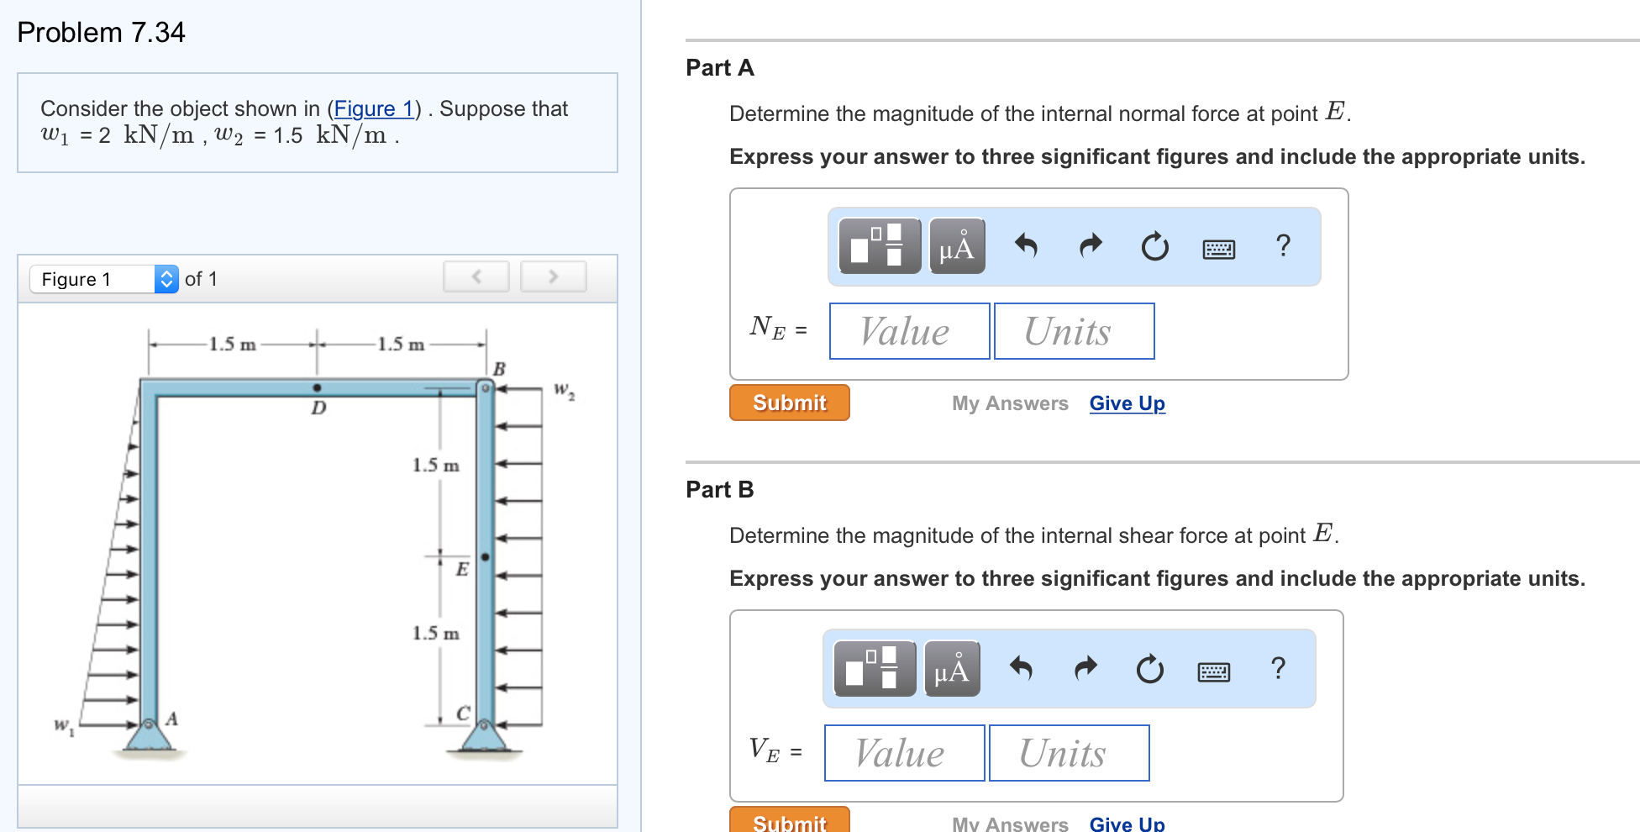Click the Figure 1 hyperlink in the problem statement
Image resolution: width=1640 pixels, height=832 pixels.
coord(373,108)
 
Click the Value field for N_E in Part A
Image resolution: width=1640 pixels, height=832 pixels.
coord(909,331)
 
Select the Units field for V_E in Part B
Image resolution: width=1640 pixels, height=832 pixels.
coord(1069,753)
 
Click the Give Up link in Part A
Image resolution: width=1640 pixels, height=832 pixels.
coord(1127,403)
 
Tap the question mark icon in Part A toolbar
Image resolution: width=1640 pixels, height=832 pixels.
coord(1282,245)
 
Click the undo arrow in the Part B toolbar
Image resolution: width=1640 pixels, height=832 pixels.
coord(1021,669)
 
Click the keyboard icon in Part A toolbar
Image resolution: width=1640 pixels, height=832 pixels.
coord(1218,249)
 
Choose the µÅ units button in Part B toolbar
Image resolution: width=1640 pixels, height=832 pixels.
coord(952,669)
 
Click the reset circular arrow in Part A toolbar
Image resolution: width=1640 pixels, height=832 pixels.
coord(1154,247)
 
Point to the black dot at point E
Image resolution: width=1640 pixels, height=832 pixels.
coord(485,556)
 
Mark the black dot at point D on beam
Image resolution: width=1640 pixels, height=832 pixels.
coord(317,387)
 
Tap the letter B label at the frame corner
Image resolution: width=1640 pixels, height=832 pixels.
coord(499,368)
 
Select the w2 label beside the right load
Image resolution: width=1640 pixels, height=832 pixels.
coord(564,391)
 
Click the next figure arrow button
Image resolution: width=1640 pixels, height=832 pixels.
coord(553,276)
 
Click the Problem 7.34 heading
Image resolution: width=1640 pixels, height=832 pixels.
coord(101,32)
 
